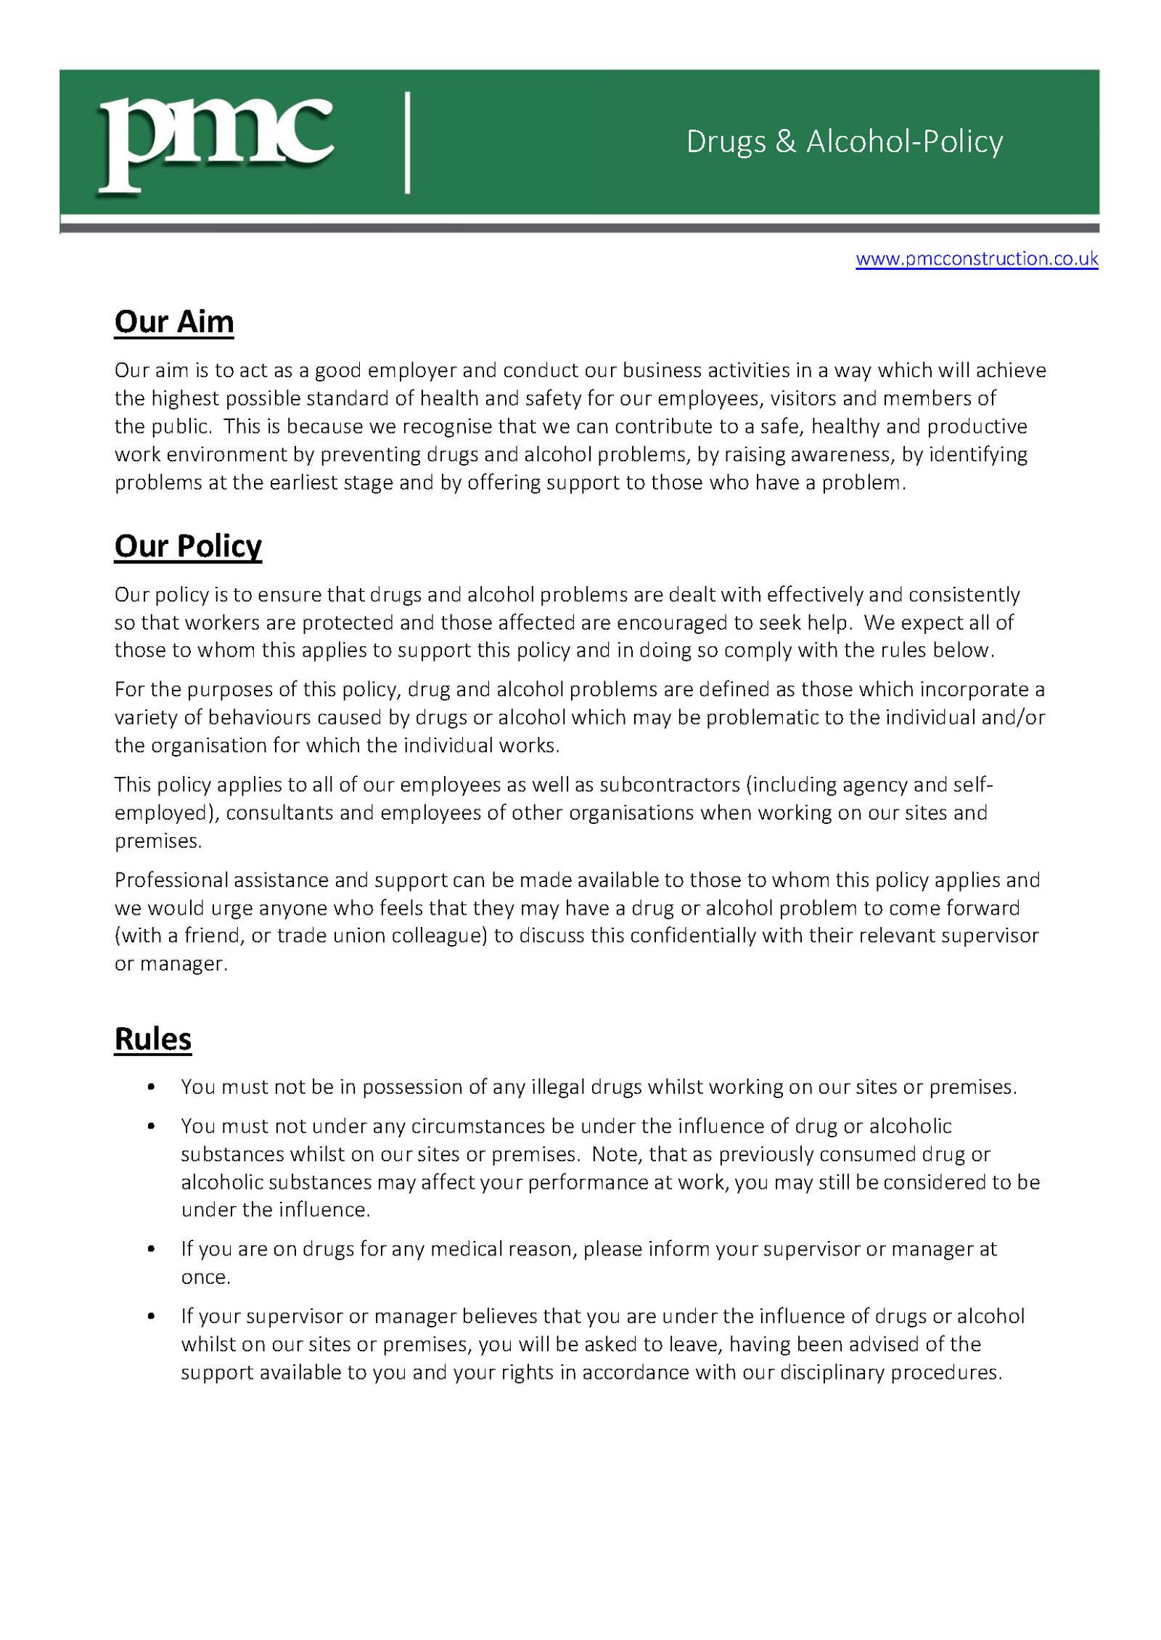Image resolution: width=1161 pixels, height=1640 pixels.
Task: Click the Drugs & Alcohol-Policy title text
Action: pos(844,141)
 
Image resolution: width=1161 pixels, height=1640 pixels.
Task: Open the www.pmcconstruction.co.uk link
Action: pos(976,259)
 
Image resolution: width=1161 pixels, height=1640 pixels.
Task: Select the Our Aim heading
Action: pos(174,322)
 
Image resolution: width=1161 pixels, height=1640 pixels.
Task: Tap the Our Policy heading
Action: pos(188,546)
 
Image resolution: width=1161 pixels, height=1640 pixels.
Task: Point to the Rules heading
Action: pos(153,1039)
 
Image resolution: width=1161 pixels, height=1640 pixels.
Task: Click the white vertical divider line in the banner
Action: pos(408,142)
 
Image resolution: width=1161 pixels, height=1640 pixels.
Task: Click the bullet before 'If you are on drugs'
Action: pos(151,1249)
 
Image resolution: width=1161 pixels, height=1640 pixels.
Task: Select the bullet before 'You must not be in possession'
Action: pos(151,1087)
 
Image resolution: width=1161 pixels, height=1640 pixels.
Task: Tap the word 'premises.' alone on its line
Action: pos(158,841)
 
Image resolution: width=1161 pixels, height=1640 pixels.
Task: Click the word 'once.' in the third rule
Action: pos(205,1277)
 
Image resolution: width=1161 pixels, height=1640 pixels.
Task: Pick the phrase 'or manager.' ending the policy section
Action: pos(171,964)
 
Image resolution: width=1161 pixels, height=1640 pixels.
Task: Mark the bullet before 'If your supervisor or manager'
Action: pos(151,1316)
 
